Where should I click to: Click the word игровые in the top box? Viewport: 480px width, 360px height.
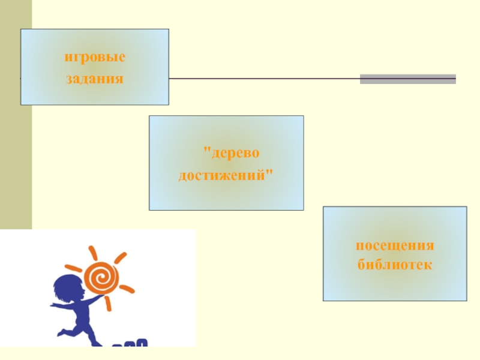tap(95, 59)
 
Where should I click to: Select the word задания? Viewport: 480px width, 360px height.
tap(95, 79)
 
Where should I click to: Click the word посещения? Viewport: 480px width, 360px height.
tap(395, 247)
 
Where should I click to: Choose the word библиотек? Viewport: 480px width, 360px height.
tap(395, 265)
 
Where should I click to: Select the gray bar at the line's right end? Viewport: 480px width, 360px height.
tap(407, 79)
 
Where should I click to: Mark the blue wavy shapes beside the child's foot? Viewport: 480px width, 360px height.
tap(130, 344)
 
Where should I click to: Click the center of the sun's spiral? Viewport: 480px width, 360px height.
tap(101, 277)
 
